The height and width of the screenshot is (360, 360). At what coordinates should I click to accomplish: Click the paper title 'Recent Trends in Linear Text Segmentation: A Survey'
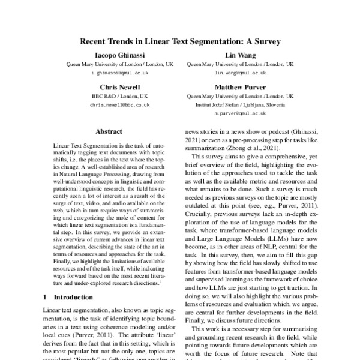180,43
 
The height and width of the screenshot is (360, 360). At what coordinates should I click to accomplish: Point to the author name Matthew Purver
240,86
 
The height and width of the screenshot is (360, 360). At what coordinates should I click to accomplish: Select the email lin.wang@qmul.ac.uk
240,72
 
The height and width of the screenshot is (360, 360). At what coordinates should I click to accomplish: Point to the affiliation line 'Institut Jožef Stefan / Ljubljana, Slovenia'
240,103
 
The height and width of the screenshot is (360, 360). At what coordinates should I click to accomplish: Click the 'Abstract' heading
109,131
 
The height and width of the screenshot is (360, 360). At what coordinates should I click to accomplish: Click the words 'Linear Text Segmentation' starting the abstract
86,146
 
